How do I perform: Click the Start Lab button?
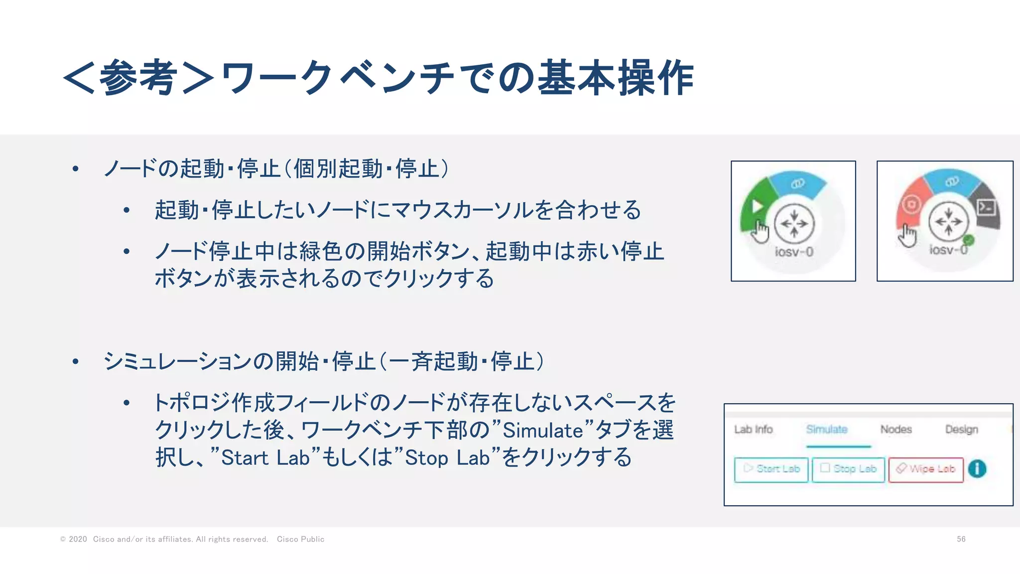[771, 469]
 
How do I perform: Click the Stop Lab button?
[848, 469]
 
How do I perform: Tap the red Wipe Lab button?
[926, 469]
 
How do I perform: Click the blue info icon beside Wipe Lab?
[977, 469]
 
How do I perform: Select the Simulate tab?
[827, 430]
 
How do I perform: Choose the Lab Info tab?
[753, 430]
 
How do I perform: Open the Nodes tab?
[896, 430]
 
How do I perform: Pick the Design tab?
[961, 430]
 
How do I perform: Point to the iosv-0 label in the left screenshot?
[794, 252]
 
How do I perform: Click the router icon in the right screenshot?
[948, 222]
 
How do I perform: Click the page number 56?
[961, 539]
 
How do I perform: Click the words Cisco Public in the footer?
[300, 539]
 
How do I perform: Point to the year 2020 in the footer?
[78, 539]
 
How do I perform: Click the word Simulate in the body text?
[543, 430]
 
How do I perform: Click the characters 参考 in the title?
[138, 77]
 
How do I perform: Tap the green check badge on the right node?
[968, 240]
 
